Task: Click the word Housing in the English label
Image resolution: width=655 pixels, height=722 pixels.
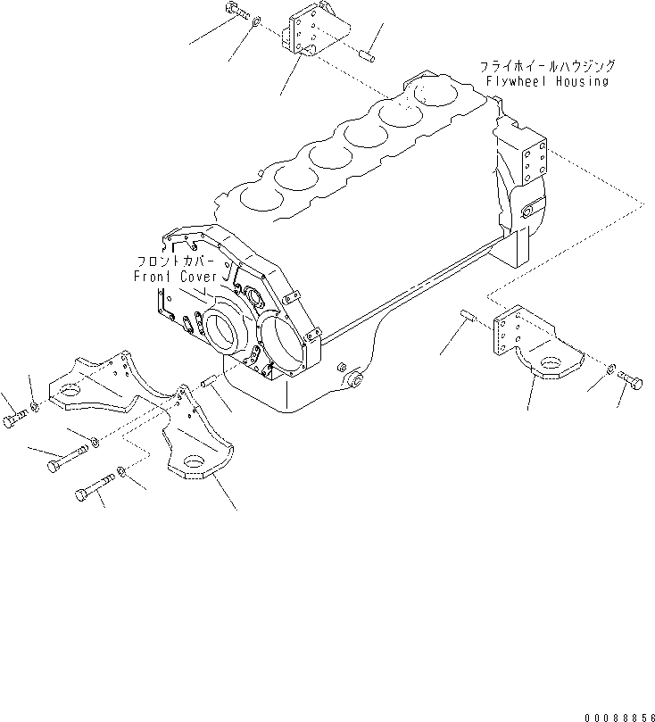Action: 582,81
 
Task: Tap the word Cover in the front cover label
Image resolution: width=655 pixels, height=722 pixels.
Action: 198,277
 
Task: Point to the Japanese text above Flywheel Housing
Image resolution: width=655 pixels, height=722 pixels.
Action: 547,66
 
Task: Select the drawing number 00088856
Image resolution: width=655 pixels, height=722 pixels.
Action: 619,717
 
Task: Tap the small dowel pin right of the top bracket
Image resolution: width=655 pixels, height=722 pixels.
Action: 367,55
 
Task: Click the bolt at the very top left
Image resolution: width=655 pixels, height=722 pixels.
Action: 237,11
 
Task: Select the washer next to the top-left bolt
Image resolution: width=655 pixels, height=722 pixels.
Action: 257,21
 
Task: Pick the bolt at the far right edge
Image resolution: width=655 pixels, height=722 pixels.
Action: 631,379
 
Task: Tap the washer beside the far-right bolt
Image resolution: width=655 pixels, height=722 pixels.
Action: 610,369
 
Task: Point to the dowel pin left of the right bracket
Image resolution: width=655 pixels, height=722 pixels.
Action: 468,315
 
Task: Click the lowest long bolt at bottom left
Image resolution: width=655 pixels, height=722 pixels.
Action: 95,486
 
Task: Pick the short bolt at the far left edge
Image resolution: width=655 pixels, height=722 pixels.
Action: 15,419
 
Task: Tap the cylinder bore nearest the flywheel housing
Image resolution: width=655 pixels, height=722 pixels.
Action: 435,94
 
